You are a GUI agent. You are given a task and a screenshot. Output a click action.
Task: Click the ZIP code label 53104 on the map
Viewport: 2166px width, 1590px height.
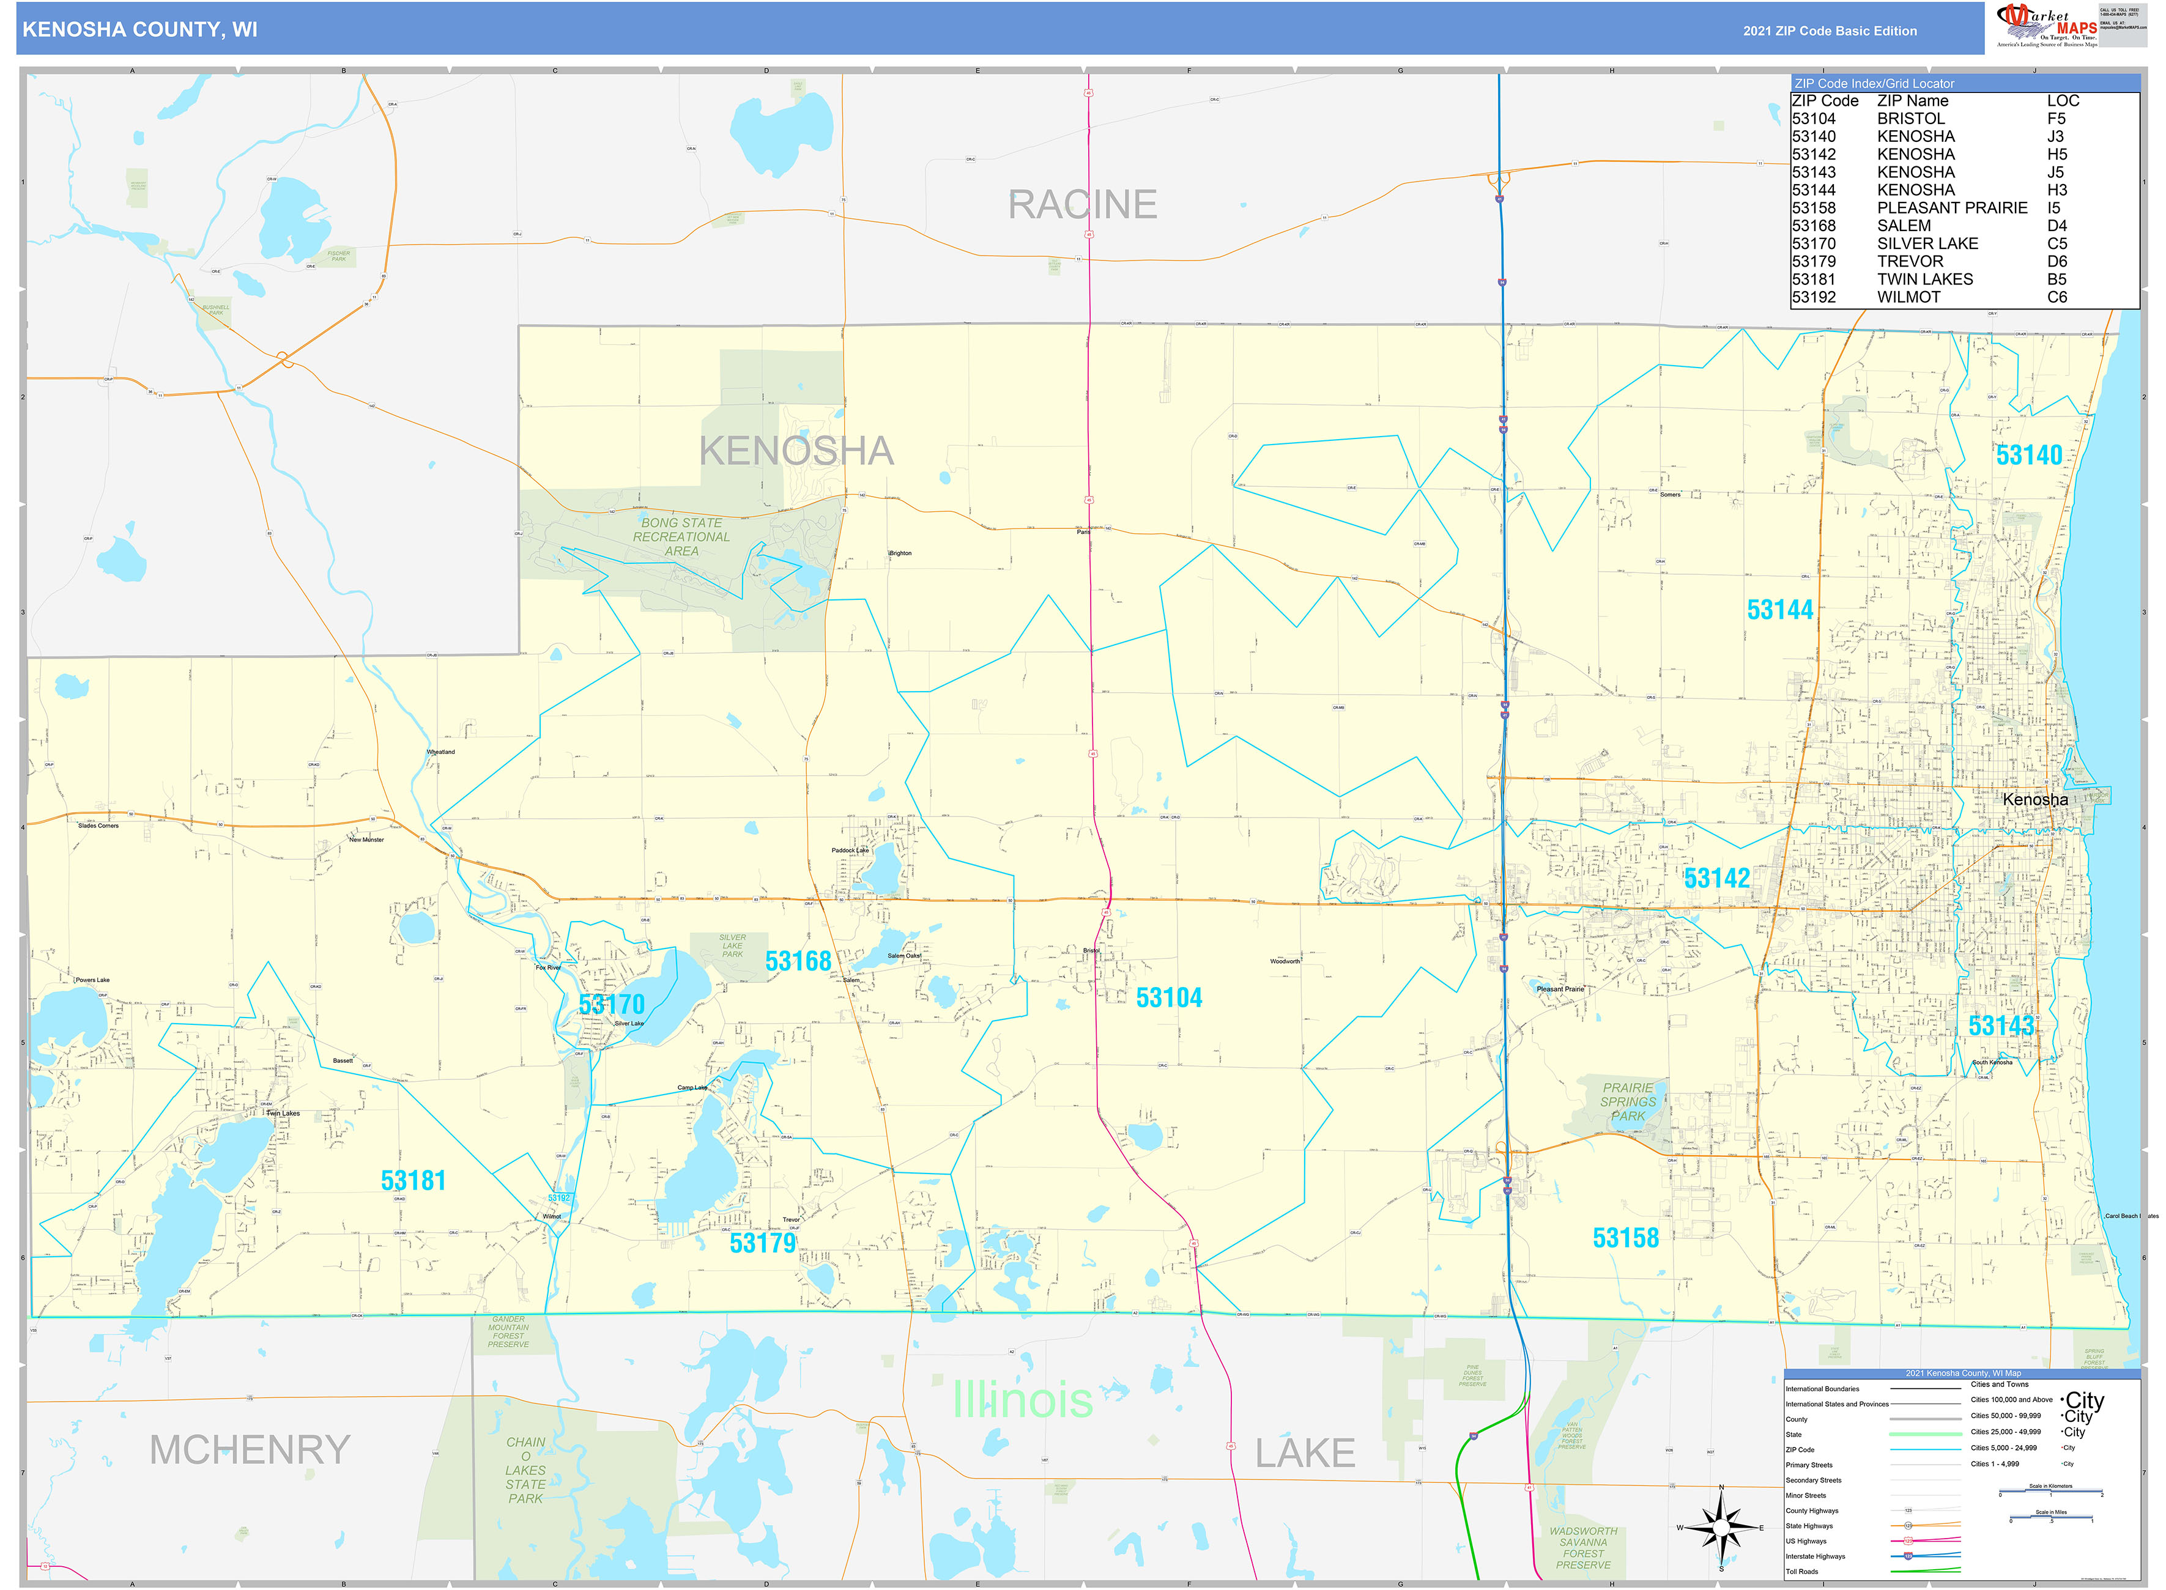(1169, 998)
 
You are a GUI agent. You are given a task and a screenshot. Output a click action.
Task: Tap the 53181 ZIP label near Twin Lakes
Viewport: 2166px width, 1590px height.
(413, 1181)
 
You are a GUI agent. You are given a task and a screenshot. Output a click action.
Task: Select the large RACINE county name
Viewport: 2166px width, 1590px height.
(1082, 205)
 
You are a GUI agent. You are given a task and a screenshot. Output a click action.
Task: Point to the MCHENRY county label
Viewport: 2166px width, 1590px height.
(250, 1449)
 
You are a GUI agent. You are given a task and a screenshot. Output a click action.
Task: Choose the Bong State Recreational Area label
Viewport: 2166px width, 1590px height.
(681, 537)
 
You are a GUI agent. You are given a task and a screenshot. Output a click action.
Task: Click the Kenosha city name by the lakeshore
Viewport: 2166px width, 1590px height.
(2034, 800)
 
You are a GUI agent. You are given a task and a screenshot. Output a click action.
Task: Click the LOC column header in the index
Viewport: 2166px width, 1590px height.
(2063, 101)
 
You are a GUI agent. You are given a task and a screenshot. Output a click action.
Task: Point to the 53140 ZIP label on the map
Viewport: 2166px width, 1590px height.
(2028, 455)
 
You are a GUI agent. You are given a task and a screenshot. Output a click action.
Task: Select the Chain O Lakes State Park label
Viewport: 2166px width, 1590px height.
(525, 1470)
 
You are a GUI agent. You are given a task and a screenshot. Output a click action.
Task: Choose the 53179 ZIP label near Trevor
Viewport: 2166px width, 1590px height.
(762, 1243)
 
